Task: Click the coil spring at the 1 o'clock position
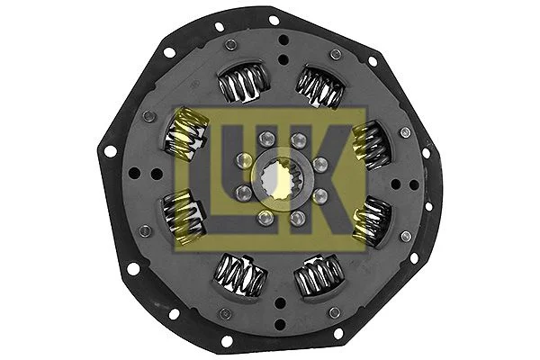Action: [x=321, y=87]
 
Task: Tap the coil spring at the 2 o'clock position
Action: [x=369, y=145]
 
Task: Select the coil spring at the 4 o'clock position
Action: [x=371, y=220]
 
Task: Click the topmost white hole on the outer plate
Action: [x=274, y=19]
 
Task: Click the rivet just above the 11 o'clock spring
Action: [x=231, y=45]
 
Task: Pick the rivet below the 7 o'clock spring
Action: [x=225, y=312]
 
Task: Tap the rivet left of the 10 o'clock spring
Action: [x=148, y=116]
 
